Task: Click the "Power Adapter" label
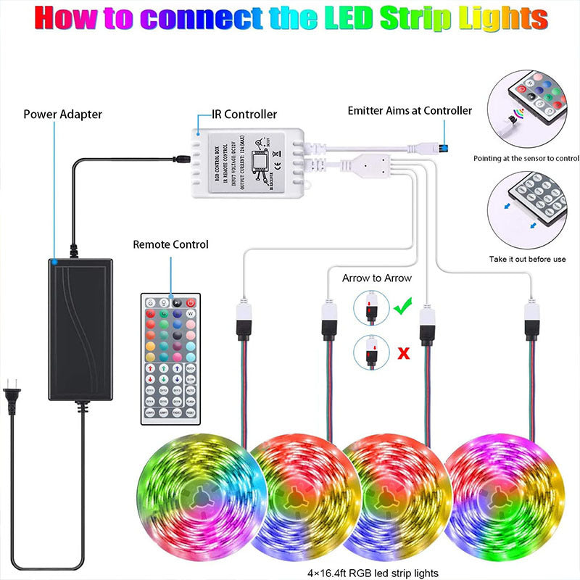62,114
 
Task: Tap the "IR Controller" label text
244,114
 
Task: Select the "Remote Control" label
170,244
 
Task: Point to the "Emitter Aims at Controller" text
410,111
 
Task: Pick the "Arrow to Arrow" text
377,278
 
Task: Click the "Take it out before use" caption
528,259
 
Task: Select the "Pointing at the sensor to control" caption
526,158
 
